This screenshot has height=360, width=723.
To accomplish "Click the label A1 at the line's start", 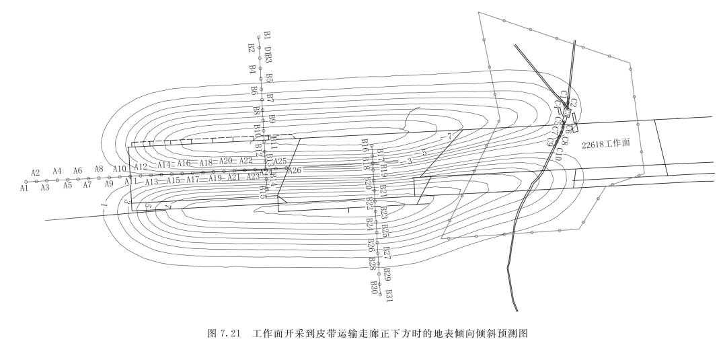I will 24,189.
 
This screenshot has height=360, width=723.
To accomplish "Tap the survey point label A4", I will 57,172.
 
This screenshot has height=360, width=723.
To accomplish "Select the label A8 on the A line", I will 99,170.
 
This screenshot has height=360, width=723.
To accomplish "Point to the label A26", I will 295,170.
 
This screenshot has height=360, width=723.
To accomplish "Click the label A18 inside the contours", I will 206,162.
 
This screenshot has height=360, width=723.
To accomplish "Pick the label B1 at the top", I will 267,34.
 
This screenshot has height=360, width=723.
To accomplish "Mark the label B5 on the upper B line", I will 269,78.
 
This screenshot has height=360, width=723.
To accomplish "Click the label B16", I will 365,145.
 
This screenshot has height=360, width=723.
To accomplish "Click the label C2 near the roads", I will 574,103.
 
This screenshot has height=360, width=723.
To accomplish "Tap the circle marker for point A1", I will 26,182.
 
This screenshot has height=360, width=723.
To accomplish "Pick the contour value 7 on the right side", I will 446,137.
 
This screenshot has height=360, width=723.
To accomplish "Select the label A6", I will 77,171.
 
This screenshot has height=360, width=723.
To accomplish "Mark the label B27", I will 387,252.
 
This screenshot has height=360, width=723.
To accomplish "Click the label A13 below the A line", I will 151,182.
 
